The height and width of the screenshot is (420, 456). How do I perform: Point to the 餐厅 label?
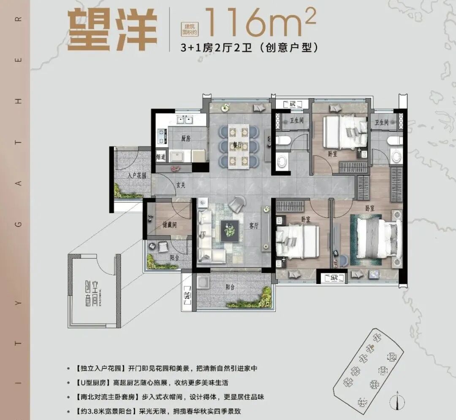coord(237,145)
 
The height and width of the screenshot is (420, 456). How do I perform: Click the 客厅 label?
coord(253,226)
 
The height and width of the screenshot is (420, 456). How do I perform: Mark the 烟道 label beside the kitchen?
coord(161,157)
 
